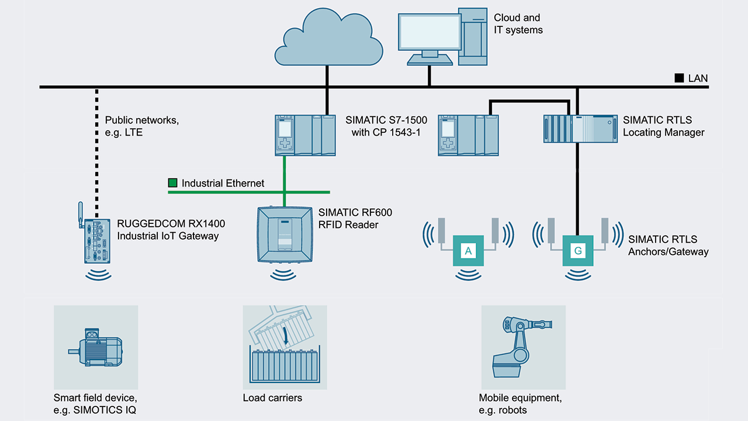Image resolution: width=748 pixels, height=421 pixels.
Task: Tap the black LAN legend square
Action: pos(679,78)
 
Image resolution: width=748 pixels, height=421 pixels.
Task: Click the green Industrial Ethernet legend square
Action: pos(172,183)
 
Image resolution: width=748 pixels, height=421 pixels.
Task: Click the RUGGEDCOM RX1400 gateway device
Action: pos(95,240)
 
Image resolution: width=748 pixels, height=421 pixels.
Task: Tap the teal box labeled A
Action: pos(468,251)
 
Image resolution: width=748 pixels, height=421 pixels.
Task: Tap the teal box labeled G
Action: pos(578,251)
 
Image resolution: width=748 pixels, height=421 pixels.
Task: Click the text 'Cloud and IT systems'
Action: pos(518,24)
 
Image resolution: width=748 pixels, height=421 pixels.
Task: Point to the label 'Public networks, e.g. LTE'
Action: pos(141,126)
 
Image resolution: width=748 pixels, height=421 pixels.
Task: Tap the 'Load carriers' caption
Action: pos(272,398)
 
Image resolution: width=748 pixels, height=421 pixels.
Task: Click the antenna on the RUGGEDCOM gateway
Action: pos(81,210)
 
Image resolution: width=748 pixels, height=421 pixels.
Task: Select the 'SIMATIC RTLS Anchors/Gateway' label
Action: pos(668,246)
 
